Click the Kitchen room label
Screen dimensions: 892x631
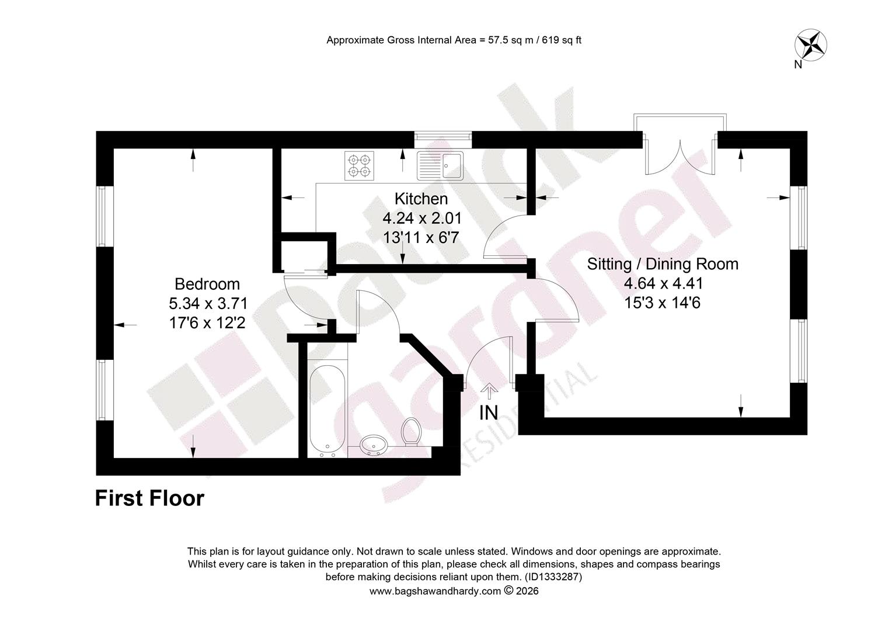(421, 199)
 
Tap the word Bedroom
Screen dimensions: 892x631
(207, 284)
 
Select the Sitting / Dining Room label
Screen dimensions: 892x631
(663, 264)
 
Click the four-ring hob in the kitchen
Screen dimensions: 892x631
(359, 166)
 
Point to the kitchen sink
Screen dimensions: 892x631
(440, 165)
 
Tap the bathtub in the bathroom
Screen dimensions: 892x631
(327, 411)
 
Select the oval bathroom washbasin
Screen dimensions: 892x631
(374, 445)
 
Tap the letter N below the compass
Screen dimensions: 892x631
(798, 65)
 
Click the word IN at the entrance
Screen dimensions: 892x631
(489, 413)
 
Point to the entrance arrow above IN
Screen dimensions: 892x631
(489, 391)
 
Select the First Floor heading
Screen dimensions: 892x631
(149, 498)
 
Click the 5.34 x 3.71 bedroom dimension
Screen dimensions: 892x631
(208, 304)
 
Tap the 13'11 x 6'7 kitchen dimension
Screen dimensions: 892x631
(421, 238)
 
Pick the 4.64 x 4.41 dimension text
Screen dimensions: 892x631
(663, 283)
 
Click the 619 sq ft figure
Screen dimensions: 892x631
(562, 40)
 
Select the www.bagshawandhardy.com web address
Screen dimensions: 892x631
(435, 591)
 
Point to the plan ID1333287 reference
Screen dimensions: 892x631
(553, 577)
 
